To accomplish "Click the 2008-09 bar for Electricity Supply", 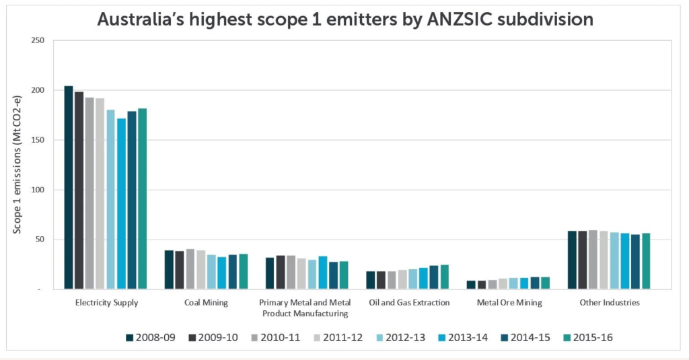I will coord(69,188).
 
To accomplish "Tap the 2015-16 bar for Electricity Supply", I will coord(142,199).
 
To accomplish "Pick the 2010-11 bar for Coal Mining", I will coord(190,269).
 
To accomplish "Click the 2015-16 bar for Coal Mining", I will coord(243,272).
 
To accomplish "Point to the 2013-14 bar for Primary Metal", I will coord(322,273).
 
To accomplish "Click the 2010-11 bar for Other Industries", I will coord(593,260).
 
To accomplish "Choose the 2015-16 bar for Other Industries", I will coord(646,261).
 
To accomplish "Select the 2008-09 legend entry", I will coord(151,337).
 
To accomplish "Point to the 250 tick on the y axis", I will coord(38,41).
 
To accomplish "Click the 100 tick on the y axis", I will coord(38,190).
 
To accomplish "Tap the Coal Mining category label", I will coord(206,303).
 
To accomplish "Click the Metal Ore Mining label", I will coord(509,303).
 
